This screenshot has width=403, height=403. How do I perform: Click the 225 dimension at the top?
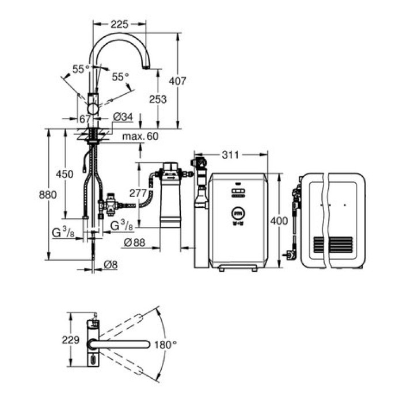point(119,24)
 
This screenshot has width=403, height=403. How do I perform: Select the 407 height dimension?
point(178,82)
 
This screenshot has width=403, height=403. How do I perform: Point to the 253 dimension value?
point(157,99)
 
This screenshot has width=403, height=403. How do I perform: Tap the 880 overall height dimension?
point(48,195)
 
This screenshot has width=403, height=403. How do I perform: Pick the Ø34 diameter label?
point(123,117)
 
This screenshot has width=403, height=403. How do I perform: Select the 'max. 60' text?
point(140,136)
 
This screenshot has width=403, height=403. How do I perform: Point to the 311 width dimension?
point(230,154)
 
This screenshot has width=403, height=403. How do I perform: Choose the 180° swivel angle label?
point(166,345)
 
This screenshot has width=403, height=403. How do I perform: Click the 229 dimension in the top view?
point(71,340)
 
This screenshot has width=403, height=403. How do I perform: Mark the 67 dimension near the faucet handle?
point(85,118)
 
